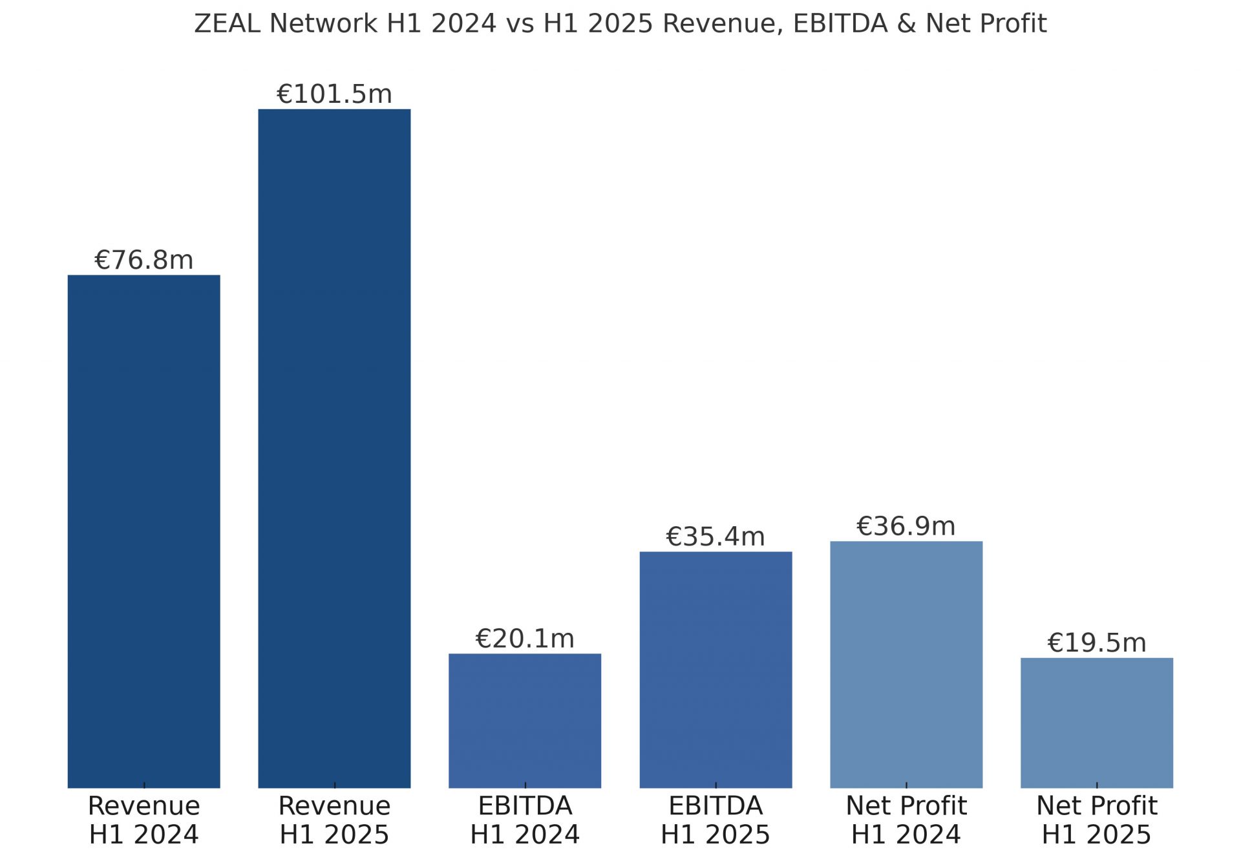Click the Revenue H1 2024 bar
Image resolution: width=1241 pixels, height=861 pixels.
pos(143,531)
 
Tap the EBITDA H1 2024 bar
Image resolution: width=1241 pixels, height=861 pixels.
pos(525,720)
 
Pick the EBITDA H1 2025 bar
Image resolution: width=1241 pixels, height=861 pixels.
pos(716,669)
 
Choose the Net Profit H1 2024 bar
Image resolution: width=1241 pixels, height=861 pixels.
pos(906,664)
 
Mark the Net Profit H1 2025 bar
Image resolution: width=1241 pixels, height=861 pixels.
pos(1096,722)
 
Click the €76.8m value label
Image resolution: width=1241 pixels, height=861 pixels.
pos(143,260)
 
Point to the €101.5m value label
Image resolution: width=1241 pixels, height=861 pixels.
pos(334,94)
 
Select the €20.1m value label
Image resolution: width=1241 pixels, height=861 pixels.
pos(525,639)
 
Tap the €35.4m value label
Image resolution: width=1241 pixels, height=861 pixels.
pos(716,537)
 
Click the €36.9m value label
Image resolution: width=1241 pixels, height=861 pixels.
pos(906,526)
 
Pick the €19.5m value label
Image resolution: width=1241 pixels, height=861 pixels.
pos(1096,643)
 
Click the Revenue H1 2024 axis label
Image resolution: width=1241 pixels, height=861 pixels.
pos(143,820)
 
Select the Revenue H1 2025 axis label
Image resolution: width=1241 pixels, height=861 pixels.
pos(334,820)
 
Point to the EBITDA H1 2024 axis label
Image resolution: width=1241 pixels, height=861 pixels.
pos(525,820)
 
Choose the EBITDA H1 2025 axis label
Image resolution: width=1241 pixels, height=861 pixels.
pos(716,820)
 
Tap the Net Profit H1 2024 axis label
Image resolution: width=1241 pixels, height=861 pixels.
pos(906,820)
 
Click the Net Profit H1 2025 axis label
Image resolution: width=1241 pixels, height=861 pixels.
pos(1096,820)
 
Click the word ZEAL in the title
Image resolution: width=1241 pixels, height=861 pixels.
pos(228,24)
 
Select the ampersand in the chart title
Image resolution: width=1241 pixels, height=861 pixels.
pos(906,24)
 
